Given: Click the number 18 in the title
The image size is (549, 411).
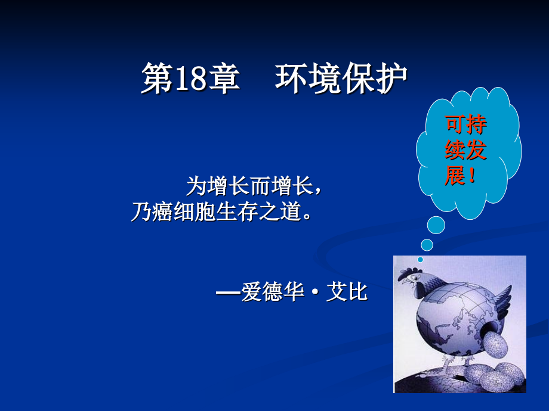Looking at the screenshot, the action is coord(190,78).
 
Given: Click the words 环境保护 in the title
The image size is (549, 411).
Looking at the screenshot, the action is coord(341,78).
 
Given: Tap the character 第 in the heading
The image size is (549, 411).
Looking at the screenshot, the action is coord(157,78).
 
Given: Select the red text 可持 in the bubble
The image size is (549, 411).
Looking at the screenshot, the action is coord(465,124).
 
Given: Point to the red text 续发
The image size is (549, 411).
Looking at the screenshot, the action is coord(465,150).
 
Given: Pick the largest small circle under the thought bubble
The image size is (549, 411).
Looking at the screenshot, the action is coord(436,225).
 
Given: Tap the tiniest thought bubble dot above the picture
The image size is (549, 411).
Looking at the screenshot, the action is coord(420,260).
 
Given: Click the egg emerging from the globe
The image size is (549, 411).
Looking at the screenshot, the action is coord(494,345).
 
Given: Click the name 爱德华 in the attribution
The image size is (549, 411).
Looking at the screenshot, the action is coord(272,292).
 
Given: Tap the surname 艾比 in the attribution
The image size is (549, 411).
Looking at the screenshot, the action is coord(347,292).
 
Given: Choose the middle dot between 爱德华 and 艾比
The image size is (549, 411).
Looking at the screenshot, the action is coord(315,292).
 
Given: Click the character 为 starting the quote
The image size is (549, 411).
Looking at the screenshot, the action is coord(196,186).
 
